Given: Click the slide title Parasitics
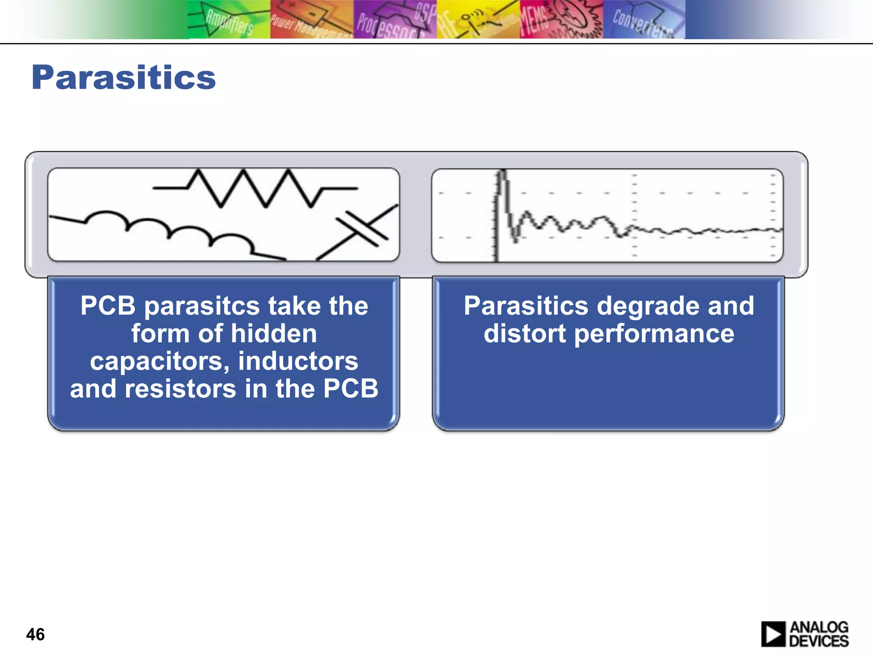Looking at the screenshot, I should tap(124, 78).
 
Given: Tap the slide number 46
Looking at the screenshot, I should tap(35, 634).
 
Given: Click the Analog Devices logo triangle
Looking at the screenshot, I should tap(773, 634).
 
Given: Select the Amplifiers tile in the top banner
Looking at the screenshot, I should tap(229, 20).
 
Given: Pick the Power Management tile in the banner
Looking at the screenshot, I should tap(312, 20).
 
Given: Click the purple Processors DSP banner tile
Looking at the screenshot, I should tap(395, 20).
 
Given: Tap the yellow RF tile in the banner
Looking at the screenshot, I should tap(478, 20).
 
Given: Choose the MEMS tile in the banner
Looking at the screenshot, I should tap(561, 20).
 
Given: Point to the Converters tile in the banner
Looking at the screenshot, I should tap(644, 20).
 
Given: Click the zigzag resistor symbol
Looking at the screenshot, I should tap(255, 188).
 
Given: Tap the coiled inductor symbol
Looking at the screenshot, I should tap(171, 230).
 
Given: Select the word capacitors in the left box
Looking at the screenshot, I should tap(156, 361).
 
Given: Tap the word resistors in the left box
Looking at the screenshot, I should tap(180, 389).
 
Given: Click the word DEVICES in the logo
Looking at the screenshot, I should tap(818, 641).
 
